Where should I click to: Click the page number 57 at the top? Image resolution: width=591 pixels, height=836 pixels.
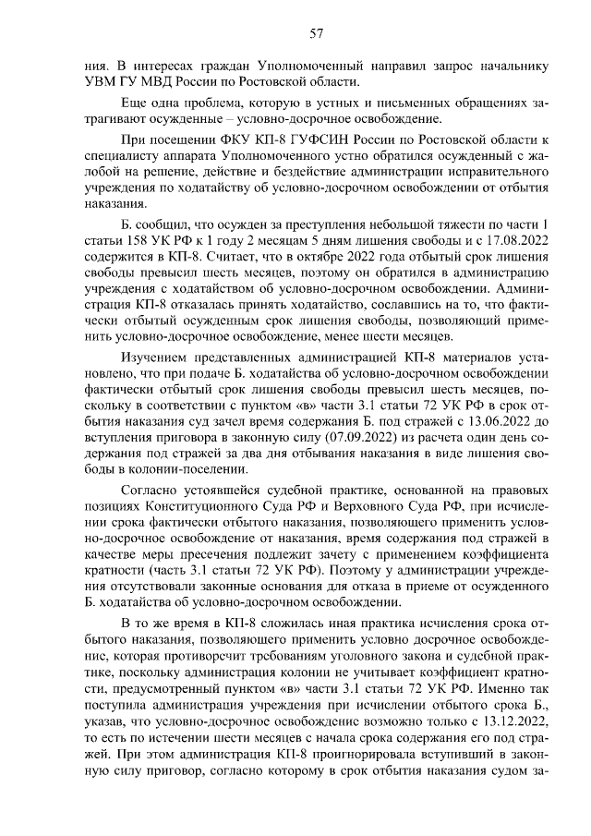pyautogui.click(x=315, y=33)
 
